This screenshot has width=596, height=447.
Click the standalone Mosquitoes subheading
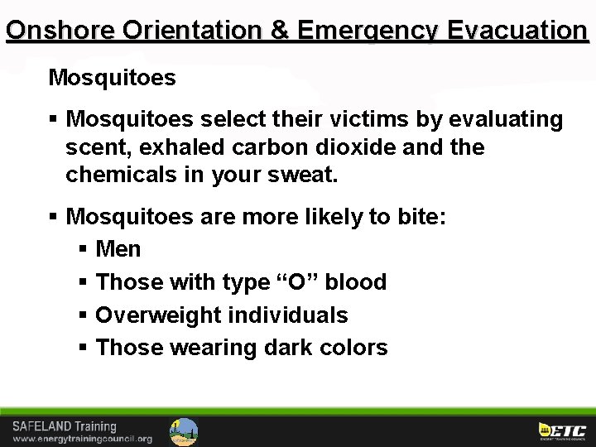pos(112,78)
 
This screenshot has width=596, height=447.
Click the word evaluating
pos(506,119)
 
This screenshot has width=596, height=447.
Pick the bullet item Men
pos(118,249)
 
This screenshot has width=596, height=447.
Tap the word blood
pos(355,282)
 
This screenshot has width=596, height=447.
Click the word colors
pos(357,348)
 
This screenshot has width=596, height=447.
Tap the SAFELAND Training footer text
pos(64,427)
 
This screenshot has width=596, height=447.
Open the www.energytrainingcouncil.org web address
pos(82,439)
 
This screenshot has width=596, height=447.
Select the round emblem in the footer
pos(184,431)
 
